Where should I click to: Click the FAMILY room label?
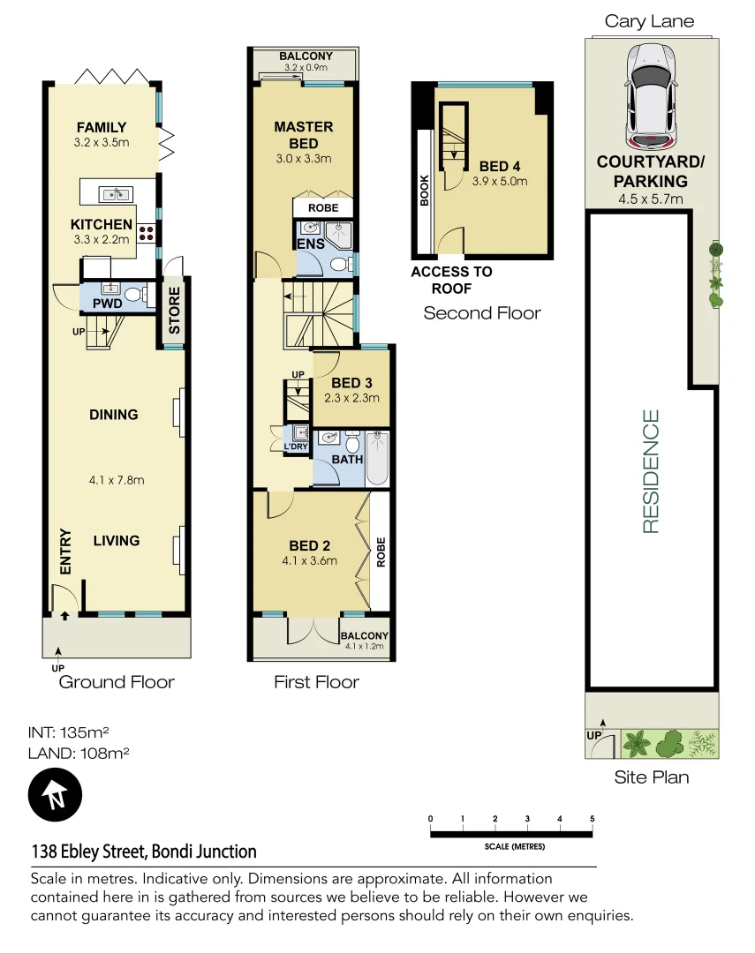101,127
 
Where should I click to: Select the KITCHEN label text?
102,224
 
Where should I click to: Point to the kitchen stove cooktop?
147,233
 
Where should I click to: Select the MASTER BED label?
303,135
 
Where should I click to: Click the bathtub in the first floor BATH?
377,458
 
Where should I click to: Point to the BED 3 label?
351,382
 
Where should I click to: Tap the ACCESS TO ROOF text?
451,280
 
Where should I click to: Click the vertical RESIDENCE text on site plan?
651,471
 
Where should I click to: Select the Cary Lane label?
649,21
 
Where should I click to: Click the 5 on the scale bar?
593,819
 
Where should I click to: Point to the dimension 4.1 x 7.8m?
116,481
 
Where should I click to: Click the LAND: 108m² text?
80,753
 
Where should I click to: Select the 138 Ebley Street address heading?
144,852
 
